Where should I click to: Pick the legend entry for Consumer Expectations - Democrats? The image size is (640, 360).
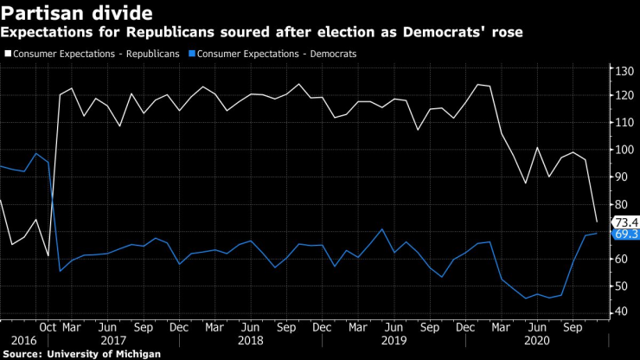[277, 54]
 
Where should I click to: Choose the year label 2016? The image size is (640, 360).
[24, 341]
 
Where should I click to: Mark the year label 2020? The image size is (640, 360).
[538, 341]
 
